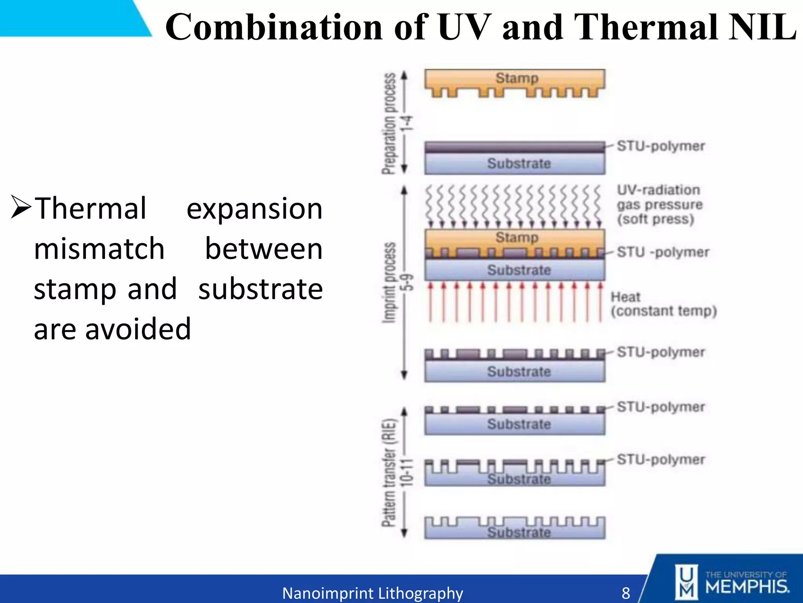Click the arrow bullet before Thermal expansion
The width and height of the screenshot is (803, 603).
[x=20, y=207]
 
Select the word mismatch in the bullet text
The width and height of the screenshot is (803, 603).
[x=99, y=249]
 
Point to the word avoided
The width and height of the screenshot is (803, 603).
[x=138, y=329]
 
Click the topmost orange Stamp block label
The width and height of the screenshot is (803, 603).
[x=517, y=78]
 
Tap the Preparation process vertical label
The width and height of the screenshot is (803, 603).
[x=389, y=123]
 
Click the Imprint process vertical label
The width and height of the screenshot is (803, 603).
[x=389, y=283]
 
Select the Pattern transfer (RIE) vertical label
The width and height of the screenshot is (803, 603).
[x=389, y=473]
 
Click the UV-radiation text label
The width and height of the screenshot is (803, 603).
[x=658, y=190]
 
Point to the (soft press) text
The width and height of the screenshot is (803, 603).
[x=655, y=219]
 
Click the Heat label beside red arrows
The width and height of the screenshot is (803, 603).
[x=625, y=297]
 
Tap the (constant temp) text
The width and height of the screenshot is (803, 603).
[x=663, y=311]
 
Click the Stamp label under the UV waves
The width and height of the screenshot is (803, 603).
[x=517, y=238]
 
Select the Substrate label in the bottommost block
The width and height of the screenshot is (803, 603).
[x=518, y=532]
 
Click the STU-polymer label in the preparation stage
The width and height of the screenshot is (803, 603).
[x=661, y=146]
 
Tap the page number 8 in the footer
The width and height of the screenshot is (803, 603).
[x=626, y=593]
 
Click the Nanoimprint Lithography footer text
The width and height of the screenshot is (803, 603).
[x=372, y=593]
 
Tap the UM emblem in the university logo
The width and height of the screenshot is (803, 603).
[x=686, y=582]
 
